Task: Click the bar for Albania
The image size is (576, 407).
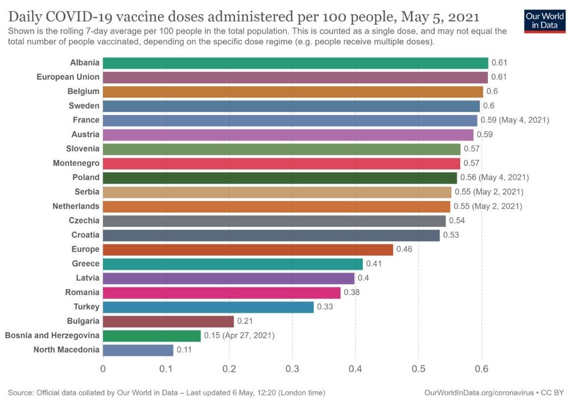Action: tap(295, 63)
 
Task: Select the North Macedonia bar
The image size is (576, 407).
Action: tap(138, 350)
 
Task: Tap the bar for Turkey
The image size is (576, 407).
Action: tap(208, 307)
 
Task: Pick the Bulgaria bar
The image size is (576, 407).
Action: tap(168, 321)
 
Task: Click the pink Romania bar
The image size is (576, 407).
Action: tap(221, 292)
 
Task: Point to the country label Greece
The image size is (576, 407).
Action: tap(85, 264)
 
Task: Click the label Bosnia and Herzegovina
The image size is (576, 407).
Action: tap(52, 335)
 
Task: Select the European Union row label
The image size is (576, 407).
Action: tap(68, 77)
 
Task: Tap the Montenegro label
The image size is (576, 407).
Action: tap(76, 163)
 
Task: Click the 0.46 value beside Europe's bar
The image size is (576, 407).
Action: tap(404, 249)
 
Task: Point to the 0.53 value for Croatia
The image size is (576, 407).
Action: tap(451, 235)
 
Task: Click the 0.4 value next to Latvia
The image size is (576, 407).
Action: tap(364, 278)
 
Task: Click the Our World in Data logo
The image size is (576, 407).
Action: tap(545, 20)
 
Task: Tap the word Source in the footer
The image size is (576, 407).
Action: tap(21, 392)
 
